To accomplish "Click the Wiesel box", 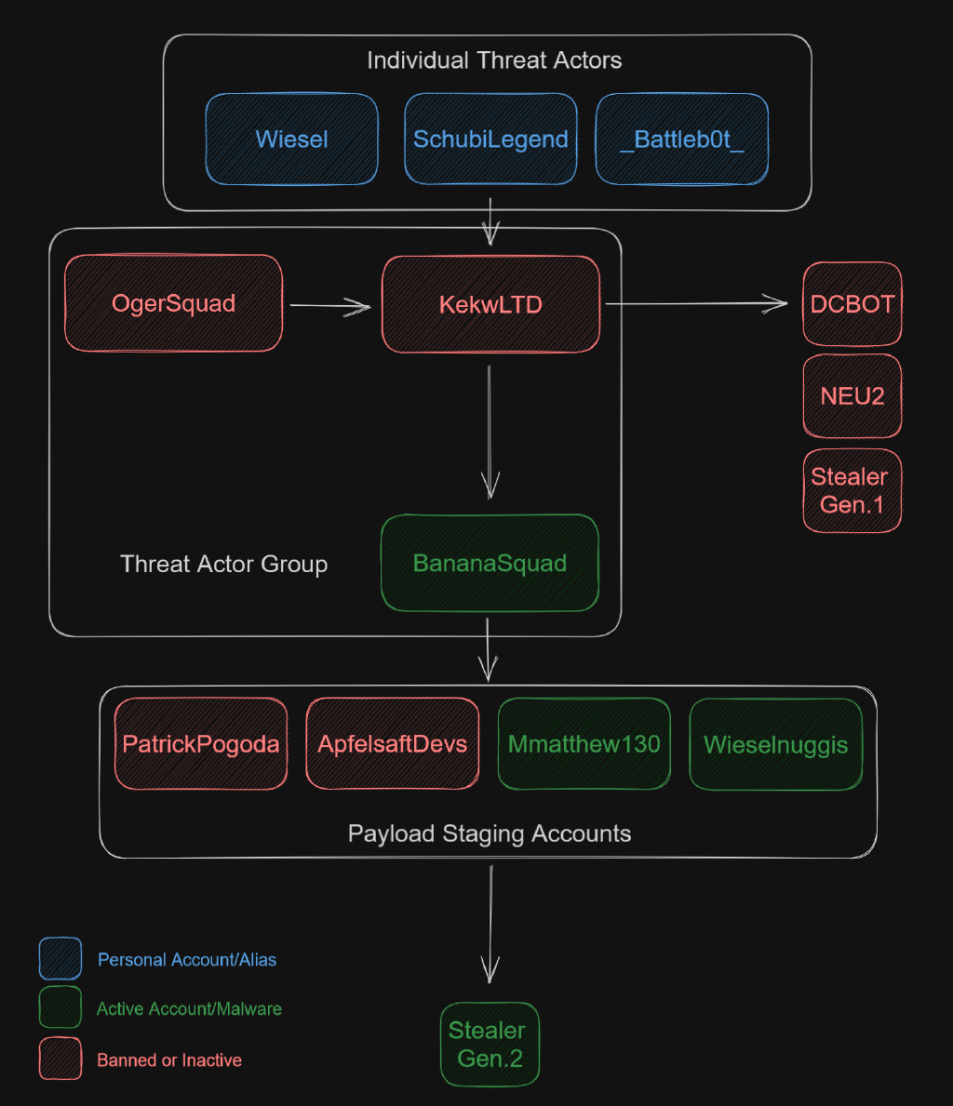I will click(x=291, y=140).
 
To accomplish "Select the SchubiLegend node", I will click(x=490, y=140).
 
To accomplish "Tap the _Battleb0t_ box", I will click(x=682, y=140).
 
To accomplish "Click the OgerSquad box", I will click(x=173, y=303).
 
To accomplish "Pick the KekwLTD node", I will click(x=490, y=304).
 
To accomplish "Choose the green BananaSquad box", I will click(x=490, y=563).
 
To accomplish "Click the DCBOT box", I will click(x=852, y=304).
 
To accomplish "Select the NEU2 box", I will click(x=852, y=395).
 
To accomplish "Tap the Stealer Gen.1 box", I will click(x=852, y=490).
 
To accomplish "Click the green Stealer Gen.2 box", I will click(x=490, y=1044).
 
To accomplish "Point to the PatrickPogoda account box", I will click(x=201, y=744).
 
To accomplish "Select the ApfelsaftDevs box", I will click(x=393, y=744).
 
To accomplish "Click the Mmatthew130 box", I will click(x=584, y=744).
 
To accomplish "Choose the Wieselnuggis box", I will click(x=776, y=744).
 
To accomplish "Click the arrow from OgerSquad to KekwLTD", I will click(x=330, y=305).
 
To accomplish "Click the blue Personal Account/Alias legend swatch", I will click(x=60, y=959).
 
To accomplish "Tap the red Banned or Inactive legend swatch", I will click(x=60, y=1059).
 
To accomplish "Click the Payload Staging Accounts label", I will click(x=490, y=833).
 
